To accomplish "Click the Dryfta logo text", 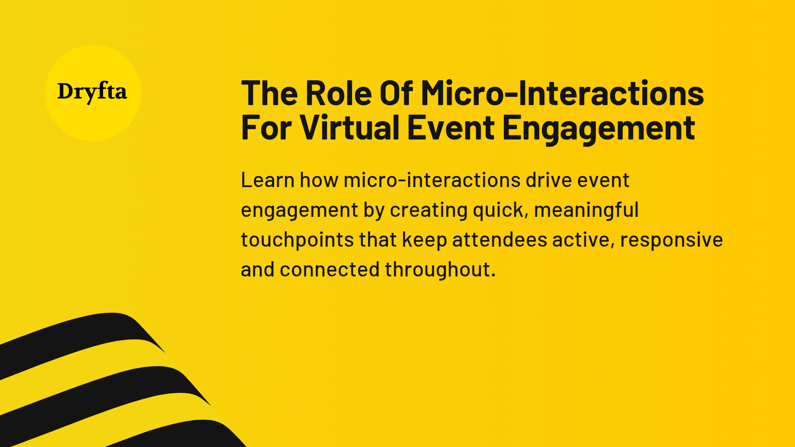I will [x=92, y=92].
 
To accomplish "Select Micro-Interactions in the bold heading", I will [x=562, y=94].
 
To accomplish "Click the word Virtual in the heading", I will [x=349, y=128].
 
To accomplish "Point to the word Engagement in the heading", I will [x=598, y=128].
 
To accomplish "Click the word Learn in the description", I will [x=267, y=180].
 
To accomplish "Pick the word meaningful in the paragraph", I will [x=586, y=210].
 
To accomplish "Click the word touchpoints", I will [x=297, y=240].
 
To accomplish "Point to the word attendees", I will [x=499, y=240].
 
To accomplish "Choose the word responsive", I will [x=671, y=240].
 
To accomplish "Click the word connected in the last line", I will [x=330, y=269].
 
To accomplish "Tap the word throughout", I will [x=440, y=269].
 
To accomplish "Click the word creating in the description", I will [x=429, y=210].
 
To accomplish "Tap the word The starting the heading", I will [x=270, y=94].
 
